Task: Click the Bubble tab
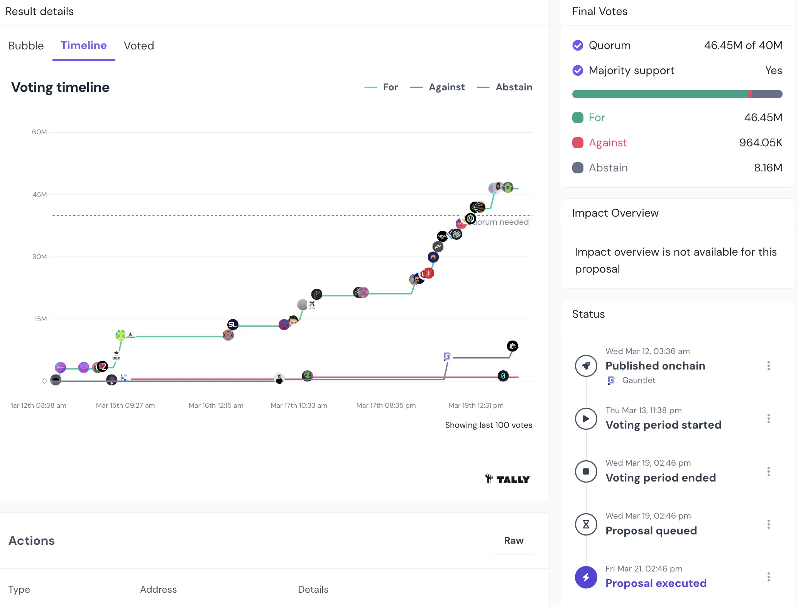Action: click(x=26, y=46)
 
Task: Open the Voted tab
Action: click(x=139, y=46)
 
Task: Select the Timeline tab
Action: click(x=84, y=45)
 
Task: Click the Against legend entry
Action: click(x=446, y=87)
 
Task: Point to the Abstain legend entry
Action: click(x=514, y=87)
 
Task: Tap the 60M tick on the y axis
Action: click(x=39, y=132)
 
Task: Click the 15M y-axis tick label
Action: click(x=41, y=319)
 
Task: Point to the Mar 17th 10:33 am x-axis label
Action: click(x=299, y=405)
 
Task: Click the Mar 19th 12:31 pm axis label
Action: click(x=476, y=405)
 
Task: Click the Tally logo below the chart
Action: click(x=507, y=479)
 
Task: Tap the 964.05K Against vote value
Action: click(x=761, y=143)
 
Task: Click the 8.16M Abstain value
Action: click(x=768, y=168)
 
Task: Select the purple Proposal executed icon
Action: click(x=586, y=577)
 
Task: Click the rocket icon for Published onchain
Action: click(x=586, y=366)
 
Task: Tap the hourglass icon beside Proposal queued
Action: click(x=586, y=524)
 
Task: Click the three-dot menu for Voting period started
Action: click(x=768, y=419)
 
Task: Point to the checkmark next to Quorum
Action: click(x=578, y=46)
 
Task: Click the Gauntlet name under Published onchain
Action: click(x=638, y=380)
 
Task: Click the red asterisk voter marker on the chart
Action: click(x=429, y=273)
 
